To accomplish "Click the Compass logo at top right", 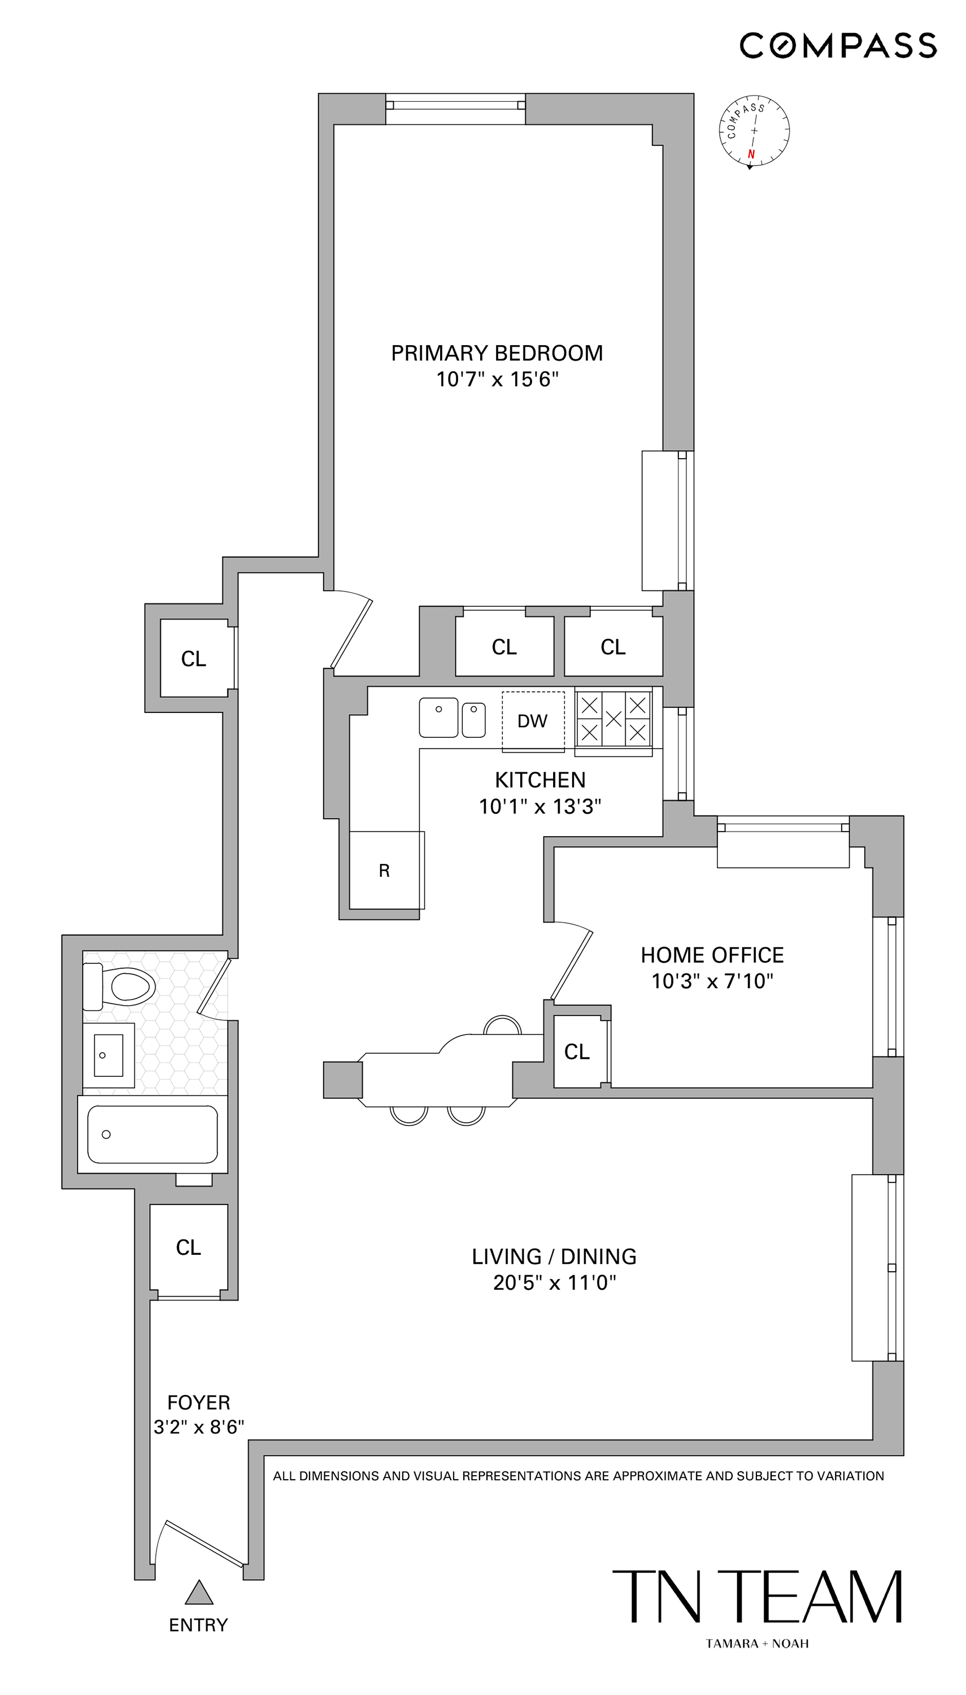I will click(838, 46).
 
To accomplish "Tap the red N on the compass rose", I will click(751, 154).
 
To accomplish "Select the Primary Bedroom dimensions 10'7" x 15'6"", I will click(497, 380).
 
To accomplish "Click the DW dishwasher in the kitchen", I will click(533, 721).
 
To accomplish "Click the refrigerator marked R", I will click(384, 871).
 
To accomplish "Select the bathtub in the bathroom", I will click(153, 1134).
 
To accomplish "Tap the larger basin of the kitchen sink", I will click(438, 717).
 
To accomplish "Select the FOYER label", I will click(198, 1403).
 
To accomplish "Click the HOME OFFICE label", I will click(712, 955).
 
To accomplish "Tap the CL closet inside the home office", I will click(577, 1051).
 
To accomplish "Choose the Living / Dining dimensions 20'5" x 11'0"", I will click(554, 1283).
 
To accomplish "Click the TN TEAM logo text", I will click(756, 1597).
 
